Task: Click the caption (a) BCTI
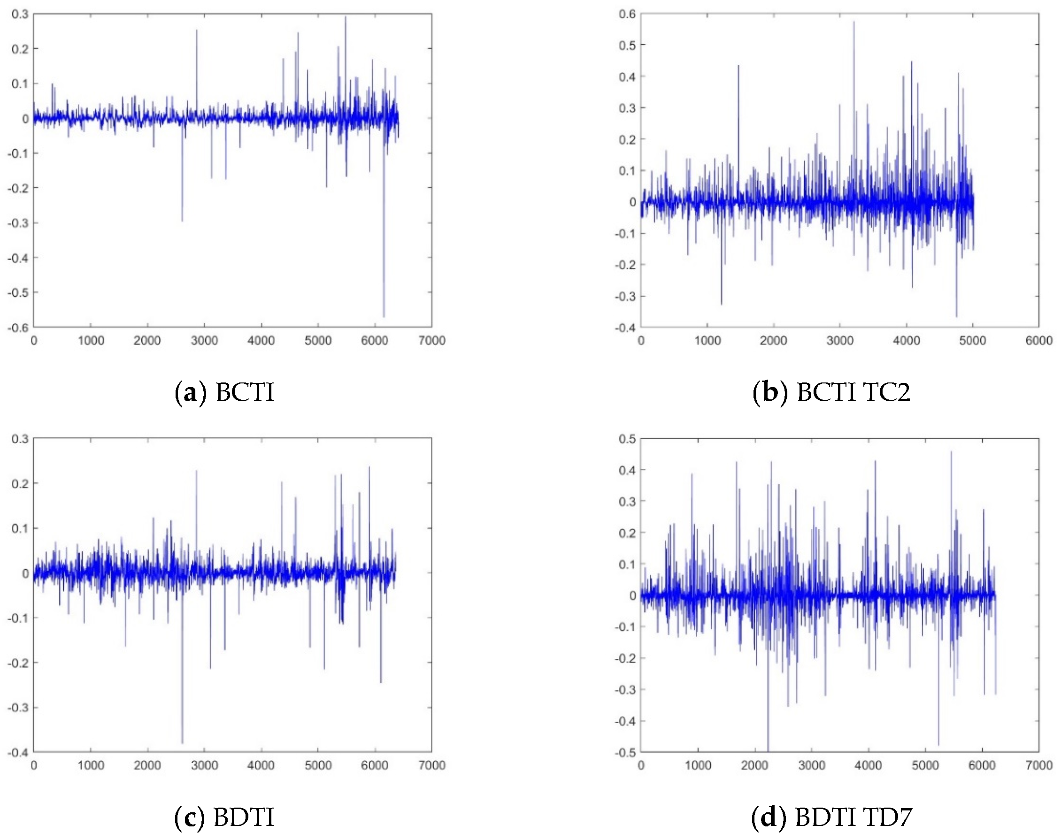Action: pyautogui.click(x=225, y=392)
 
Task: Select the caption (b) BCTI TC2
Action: pyautogui.click(x=831, y=392)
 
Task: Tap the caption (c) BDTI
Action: pyautogui.click(x=225, y=817)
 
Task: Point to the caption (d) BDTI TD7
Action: pyautogui.click(x=831, y=817)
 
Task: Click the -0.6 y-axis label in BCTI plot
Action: pyautogui.click(x=18, y=327)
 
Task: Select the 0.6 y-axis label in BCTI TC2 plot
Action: pyautogui.click(x=627, y=14)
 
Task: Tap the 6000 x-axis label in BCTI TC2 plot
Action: pyautogui.click(x=1038, y=341)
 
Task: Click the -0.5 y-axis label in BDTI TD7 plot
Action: pyautogui.click(x=625, y=752)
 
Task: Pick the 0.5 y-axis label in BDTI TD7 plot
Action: pyautogui.click(x=627, y=438)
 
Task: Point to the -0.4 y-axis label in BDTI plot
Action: pyautogui.click(x=18, y=752)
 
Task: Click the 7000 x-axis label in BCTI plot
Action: pyautogui.click(x=431, y=341)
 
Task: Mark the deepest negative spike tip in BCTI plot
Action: pyautogui.click(x=384, y=317)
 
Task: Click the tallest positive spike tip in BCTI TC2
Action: pyautogui.click(x=853, y=22)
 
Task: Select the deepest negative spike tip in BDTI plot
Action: pyautogui.click(x=182, y=743)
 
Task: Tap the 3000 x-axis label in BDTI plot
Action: pyautogui.click(x=204, y=766)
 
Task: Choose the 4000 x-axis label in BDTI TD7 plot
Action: pyautogui.click(x=868, y=766)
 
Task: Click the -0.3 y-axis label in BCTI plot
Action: pyautogui.click(x=18, y=223)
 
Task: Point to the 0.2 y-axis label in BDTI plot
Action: pyautogui.click(x=20, y=483)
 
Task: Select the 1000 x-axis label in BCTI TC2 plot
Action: pyautogui.click(x=707, y=341)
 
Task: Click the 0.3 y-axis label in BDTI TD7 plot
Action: pyautogui.click(x=627, y=501)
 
